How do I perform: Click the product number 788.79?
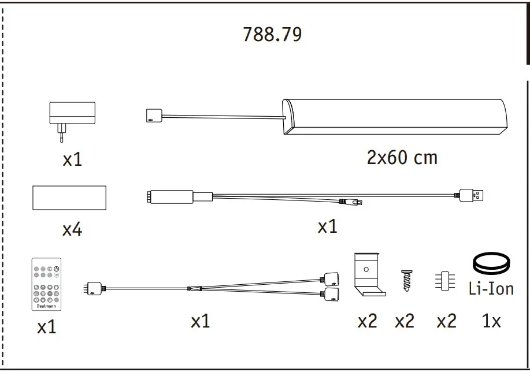[x=272, y=35]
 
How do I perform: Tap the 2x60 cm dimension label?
[x=402, y=158]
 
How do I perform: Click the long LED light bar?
[x=395, y=117]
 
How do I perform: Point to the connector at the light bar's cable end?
[x=154, y=116]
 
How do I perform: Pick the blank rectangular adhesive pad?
[x=69, y=198]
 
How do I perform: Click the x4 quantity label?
[x=72, y=230]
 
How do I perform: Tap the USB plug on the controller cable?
[x=471, y=195]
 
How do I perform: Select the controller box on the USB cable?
[x=170, y=196]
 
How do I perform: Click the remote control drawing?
[x=47, y=284]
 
